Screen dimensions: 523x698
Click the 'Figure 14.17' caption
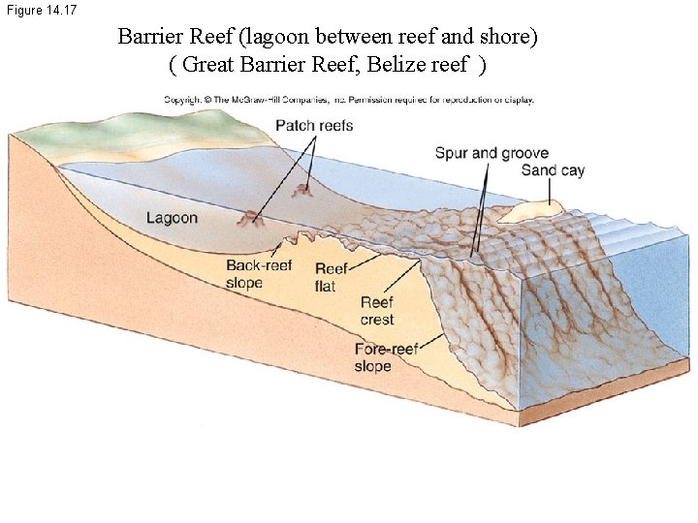click(x=40, y=10)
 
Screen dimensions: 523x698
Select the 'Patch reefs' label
click(x=314, y=125)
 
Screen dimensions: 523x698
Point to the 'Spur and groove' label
click(x=492, y=153)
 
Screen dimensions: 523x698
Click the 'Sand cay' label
click(x=553, y=170)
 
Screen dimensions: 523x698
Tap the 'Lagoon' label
click(x=172, y=218)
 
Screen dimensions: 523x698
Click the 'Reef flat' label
click(x=331, y=277)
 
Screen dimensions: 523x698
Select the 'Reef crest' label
click(x=376, y=311)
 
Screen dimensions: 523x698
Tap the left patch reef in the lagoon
click(x=255, y=218)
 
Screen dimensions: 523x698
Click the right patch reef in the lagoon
click(x=305, y=188)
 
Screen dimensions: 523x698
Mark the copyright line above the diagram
click(x=348, y=100)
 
